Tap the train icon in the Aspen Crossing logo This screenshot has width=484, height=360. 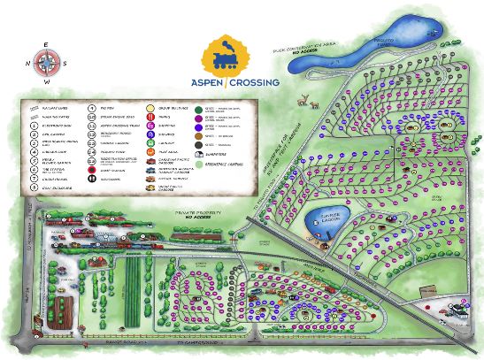pyautogui.click(x=229, y=57)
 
